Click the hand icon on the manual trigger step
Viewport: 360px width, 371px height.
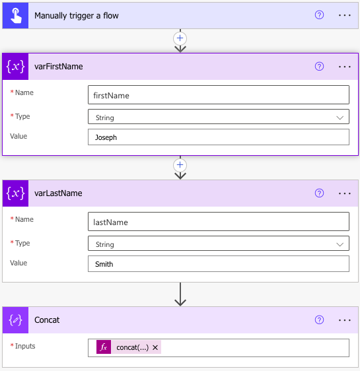16,16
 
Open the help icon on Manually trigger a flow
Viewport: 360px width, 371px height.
319,15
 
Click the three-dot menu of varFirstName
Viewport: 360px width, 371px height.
344,67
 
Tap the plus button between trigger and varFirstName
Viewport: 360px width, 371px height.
180,38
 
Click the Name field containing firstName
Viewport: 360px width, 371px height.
219,95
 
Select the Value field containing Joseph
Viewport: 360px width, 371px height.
219,137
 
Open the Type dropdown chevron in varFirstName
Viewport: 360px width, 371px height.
340,118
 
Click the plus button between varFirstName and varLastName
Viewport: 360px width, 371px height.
180,165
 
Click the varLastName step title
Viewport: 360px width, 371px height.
58,193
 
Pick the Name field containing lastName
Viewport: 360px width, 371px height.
219,221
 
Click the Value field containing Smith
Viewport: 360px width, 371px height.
219,264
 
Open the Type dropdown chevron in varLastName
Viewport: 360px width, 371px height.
340,244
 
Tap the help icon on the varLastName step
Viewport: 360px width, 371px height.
319,193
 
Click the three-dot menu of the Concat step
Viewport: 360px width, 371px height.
344,320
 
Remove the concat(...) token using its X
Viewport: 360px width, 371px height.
155,348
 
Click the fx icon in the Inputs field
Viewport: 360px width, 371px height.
104,347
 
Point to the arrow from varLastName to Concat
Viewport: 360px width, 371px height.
180,294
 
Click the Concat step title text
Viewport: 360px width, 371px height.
47,320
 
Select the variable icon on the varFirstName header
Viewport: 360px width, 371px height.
16,67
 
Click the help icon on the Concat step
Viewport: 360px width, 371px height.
319,320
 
